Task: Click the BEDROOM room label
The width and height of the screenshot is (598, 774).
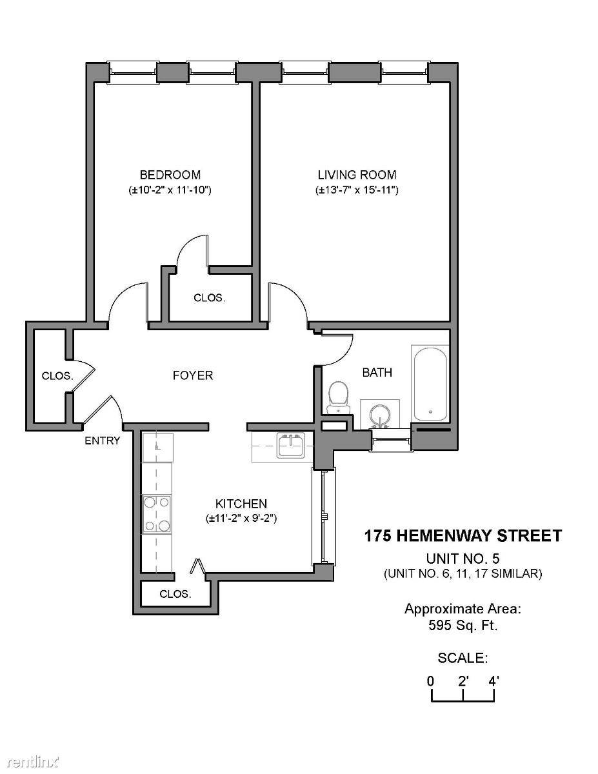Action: pyautogui.click(x=170, y=175)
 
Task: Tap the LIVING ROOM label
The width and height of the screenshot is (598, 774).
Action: pyautogui.click(x=357, y=175)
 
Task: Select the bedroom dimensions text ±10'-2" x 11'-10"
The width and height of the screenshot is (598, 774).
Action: pyautogui.click(x=170, y=190)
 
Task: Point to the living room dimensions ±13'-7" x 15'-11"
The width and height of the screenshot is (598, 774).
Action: pyautogui.click(x=357, y=190)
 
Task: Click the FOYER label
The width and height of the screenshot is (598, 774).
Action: pyautogui.click(x=193, y=375)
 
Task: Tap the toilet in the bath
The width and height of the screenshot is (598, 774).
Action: pyautogui.click(x=338, y=397)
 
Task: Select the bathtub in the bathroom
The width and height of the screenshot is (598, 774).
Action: pyautogui.click(x=430, y=384)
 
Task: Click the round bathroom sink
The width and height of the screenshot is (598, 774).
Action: pyautogui.click(x=381, y=414)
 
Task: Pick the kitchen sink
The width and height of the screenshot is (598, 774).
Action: pyautogui.click(x=291, y=446)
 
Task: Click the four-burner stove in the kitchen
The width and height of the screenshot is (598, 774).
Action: pyautogui.click(x=157, y=514)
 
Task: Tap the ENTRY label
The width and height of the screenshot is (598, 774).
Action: pyautogui.click(x=102, y=441)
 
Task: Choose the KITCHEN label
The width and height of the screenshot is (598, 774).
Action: pyautogui.click(x=241, y=504)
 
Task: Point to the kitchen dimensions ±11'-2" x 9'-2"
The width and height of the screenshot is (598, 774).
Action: pyautogui.click(x=241, y=519)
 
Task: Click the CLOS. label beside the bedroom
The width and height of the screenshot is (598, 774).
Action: pyautogui.click(x=210, y=298)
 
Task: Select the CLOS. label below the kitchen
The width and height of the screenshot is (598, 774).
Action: pyautogui.click(x=175, y=594)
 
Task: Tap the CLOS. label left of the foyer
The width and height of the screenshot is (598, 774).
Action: pyautogui.click(x=57, y=376)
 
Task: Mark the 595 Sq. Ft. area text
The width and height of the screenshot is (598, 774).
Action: pyautogui.click(x=463, y=626)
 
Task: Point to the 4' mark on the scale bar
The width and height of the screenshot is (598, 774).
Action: pyautogui.click(x=493, y=681)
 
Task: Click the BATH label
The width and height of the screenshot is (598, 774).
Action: pyautogui.click(x=377, y=373)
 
